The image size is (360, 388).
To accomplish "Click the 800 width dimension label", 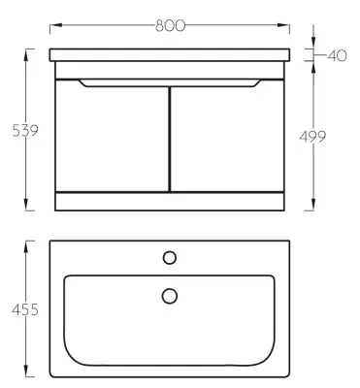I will click(x=170, y=25).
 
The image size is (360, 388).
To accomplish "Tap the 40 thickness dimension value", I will click(x=336, y=55).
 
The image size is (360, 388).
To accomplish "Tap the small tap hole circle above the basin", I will click(x=170, y=257).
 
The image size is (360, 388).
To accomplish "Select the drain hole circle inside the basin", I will click(x=170, y=295).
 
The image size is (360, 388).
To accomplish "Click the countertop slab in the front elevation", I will click(x=170, y=54).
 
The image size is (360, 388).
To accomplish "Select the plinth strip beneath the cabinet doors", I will click(x=170, y=201).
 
